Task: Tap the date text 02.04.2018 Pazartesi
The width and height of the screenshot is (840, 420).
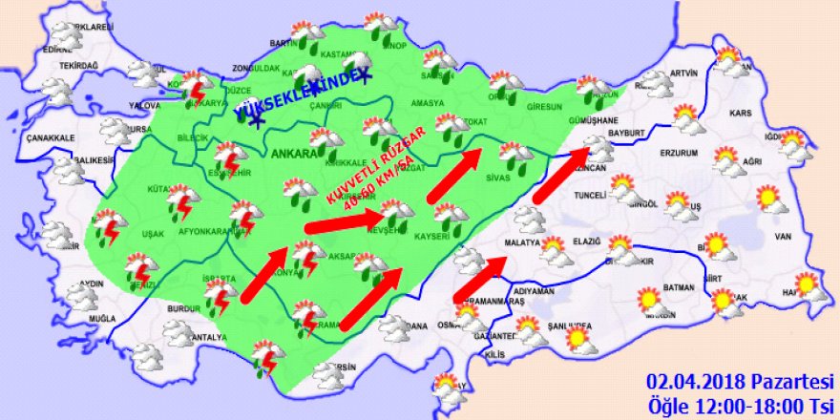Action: tap(739, 380)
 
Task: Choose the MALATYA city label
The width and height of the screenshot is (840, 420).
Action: tap(521, 242)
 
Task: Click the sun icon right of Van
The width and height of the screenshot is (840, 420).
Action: tap(768, 199)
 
